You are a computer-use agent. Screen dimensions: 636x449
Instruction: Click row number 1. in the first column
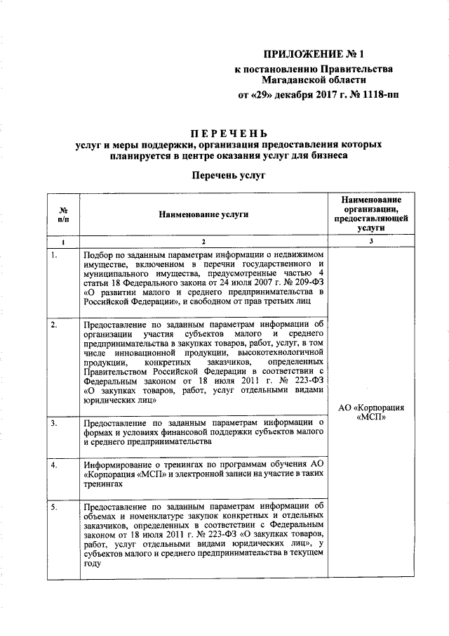tap(55, 255)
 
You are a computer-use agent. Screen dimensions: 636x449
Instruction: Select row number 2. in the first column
tap(55, 325)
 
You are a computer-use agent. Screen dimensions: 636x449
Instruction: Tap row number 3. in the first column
tap(55, 422)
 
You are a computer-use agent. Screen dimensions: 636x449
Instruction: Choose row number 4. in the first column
tap(55, 465)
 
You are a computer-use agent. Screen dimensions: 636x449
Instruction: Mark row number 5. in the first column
tap(55, 505)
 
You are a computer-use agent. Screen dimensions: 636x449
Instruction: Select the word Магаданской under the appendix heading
tap(293, 80)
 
